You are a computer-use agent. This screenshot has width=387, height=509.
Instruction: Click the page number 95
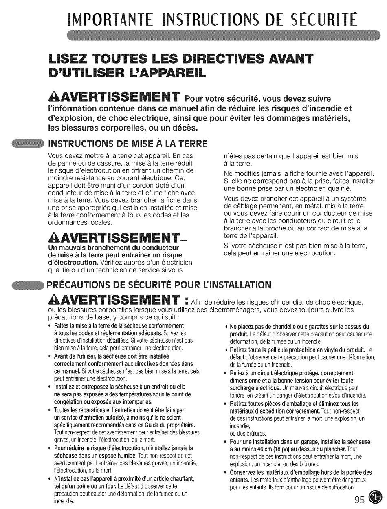[360, 497]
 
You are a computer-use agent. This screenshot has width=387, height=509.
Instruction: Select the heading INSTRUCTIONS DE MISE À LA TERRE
[128, 144]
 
